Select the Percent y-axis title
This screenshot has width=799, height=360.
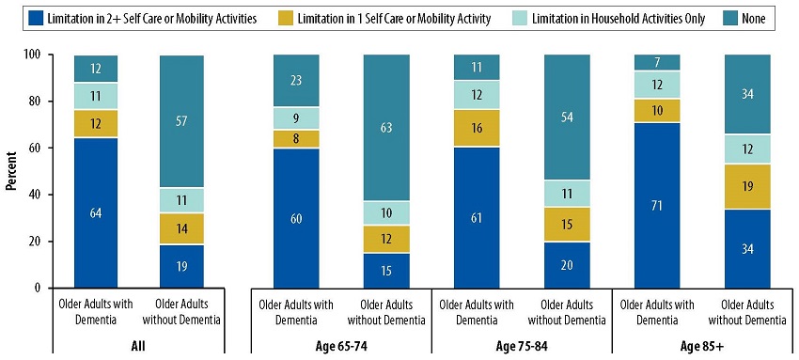click(11, 171)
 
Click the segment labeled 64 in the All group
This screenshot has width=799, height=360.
click(96, 212)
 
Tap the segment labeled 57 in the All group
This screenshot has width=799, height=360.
click(180, 121)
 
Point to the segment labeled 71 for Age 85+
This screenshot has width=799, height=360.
click(655, 205)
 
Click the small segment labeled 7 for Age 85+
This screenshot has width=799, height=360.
click(655, 63)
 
